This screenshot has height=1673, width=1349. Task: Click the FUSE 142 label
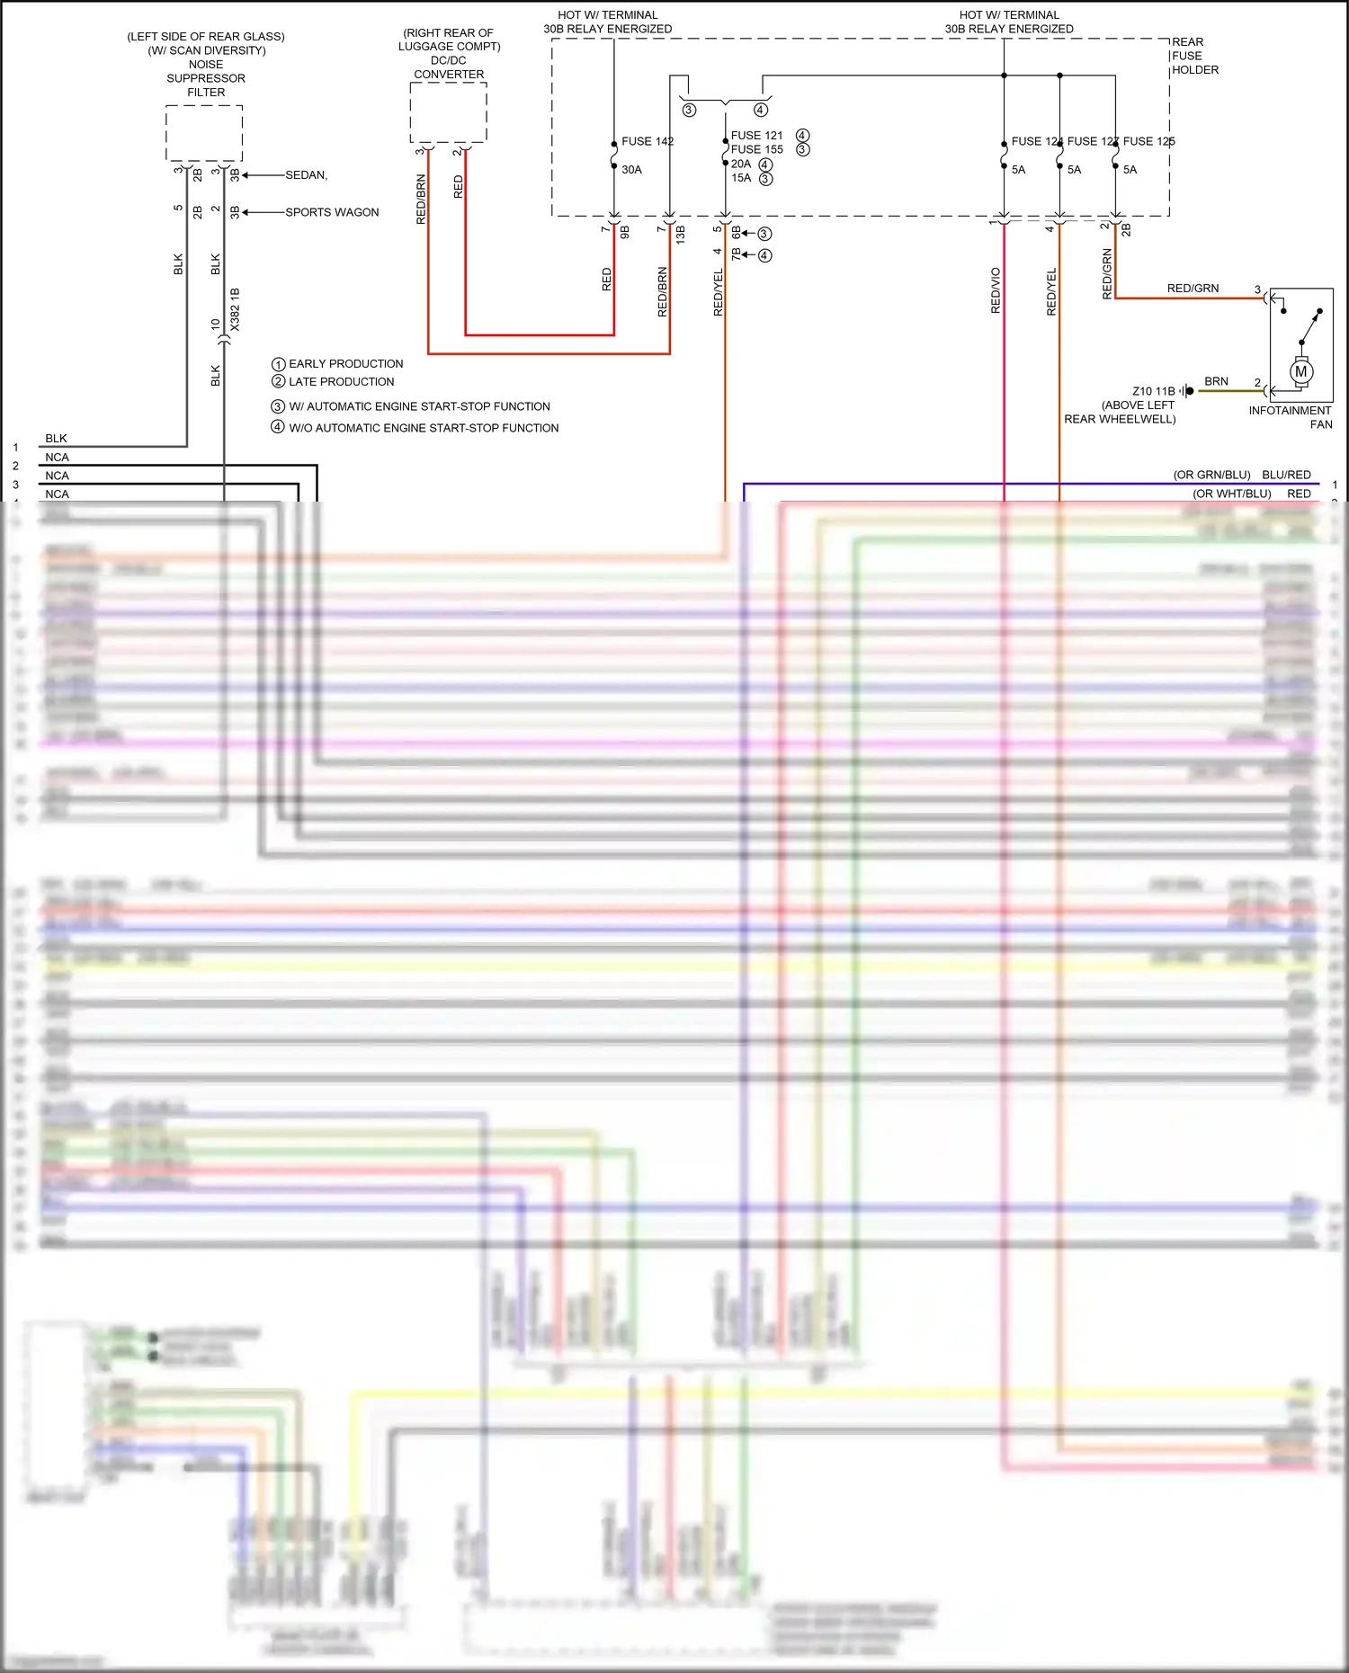[647, 141]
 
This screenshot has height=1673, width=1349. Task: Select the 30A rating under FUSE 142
[631, 170]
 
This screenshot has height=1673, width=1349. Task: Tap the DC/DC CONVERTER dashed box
[448, 112]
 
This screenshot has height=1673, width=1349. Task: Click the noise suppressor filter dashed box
[204, 133]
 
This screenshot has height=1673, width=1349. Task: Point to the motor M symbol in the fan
[1300, 371]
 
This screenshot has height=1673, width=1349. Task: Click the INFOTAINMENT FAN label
[1291, 417]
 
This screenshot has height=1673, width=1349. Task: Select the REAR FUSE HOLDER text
[1194, 56]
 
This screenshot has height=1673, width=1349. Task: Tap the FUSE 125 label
[1148, 141]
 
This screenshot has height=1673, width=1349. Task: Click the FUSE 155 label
[756, 149]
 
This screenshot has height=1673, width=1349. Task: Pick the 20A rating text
[741, 164]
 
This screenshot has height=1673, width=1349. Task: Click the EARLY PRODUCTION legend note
[345, 364]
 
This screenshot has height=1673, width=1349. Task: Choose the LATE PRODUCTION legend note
[341, 382]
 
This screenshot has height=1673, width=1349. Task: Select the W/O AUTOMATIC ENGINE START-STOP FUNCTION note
[424, 428]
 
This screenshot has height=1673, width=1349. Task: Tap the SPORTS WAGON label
[332, 212]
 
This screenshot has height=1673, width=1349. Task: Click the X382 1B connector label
[235, 309]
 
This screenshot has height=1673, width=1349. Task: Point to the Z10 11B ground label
[1153, 391]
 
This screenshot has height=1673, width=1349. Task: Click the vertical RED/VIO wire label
[996, 290]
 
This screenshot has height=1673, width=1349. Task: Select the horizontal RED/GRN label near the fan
[1193, 289]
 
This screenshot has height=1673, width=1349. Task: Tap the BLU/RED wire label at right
[1286, 475]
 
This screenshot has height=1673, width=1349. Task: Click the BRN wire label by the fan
[1216, 381]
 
